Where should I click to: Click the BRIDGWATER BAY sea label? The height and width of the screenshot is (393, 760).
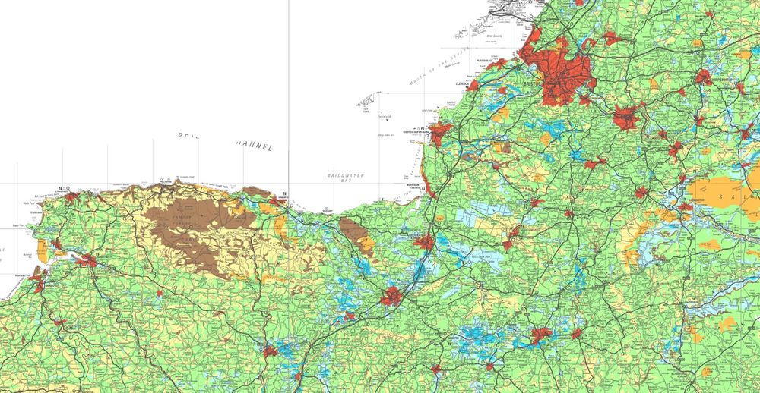pyautogui.click(x=346, y=179)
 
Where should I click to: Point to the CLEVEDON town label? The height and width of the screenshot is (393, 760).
pyautogui.click(x=464, y=83)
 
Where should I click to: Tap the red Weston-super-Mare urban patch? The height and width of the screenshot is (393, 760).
pyautogui.click(x=440, y=133)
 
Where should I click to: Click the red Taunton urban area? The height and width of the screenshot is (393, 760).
pyautogui.click(x=393, y=297)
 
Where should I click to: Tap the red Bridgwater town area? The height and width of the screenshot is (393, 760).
pyautogui.click(x=424, y=243)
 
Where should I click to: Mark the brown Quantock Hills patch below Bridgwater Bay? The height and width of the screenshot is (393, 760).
pyautogui.click(x=352, y=231)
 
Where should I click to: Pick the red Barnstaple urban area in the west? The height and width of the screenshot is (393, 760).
pyautogui.click(x=85, y=261)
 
